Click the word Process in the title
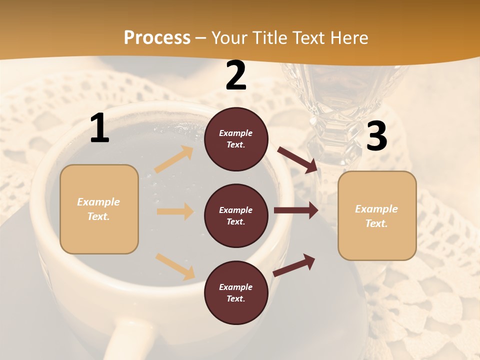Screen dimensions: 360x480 tap(157, 38)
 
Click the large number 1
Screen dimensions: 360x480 tap(99, 128)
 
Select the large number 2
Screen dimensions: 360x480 tap(236, 75)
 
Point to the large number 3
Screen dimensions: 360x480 tap(376, 136)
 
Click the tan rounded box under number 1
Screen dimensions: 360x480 tap(99, 209)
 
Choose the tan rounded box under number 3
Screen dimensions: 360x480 tap(377, 216)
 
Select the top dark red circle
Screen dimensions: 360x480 tap(236, 139)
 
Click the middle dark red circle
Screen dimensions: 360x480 tap(236, 215)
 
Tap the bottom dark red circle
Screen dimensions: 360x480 tap(236, 292)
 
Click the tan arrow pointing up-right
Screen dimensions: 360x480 tap(174, 159)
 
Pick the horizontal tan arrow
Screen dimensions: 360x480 tap(175, 211)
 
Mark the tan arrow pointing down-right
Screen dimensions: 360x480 tap(175, 266)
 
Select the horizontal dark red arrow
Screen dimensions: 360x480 tap(296, 210)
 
